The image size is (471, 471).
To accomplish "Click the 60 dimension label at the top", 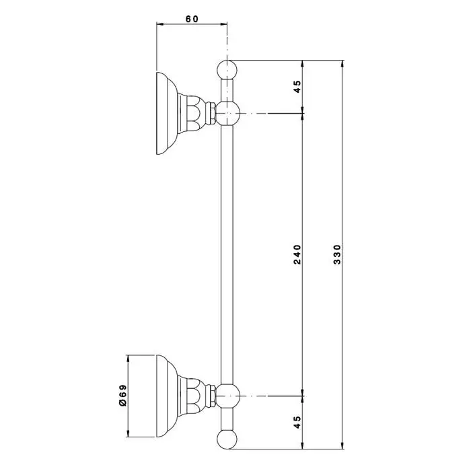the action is pos(192,19).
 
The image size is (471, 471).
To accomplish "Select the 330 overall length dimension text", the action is pos(338,254).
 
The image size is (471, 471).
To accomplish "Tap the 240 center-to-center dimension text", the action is pos(297,254).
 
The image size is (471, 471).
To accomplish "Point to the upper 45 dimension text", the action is pos(297,87).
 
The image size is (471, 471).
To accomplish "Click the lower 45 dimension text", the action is pos(297,422).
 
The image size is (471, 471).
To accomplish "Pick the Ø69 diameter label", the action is pos(123,396).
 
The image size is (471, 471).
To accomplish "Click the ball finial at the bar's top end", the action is pos(227,70).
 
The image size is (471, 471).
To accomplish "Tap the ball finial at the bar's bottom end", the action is pos(227,439).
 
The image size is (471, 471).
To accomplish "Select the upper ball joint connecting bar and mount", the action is pos(228,113).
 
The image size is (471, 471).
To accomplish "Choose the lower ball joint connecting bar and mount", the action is pos(228,396).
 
